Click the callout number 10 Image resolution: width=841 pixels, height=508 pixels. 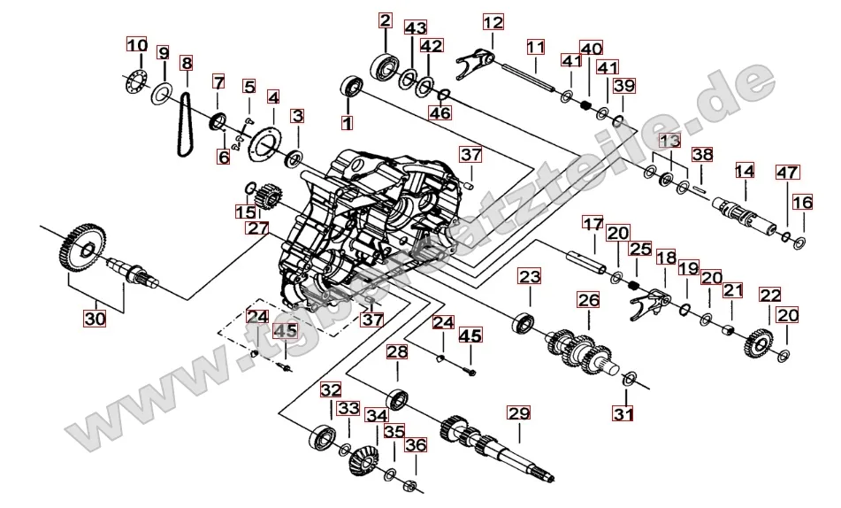(x=136, y=45)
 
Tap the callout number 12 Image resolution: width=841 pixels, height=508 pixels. (x=493, y=21)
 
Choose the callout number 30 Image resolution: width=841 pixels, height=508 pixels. (x=94, y=318)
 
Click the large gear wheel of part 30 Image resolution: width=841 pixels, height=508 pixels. (x=85, y=244)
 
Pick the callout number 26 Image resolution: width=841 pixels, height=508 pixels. (x=588, y=300)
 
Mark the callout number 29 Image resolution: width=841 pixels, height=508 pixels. (x=517, y=412)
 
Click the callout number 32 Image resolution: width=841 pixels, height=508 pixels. (x=330, y=389)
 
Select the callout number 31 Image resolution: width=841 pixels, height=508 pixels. (x=623, y=413)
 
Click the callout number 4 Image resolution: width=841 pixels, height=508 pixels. (x=273, y=96)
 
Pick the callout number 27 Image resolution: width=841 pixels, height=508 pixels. (x=256, y=227)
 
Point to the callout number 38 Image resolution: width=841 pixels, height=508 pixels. (x=702, y=154)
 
